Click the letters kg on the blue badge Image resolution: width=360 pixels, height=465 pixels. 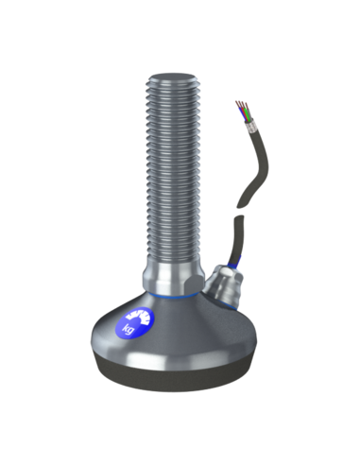[x=129, y=329]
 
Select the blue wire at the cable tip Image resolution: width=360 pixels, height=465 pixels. [x=244, y=115]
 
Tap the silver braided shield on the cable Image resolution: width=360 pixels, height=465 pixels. [x=251, y=127]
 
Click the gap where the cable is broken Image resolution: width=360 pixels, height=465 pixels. [x=240, y=212]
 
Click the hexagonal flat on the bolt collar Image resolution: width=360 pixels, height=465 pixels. [x=193, y=283]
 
